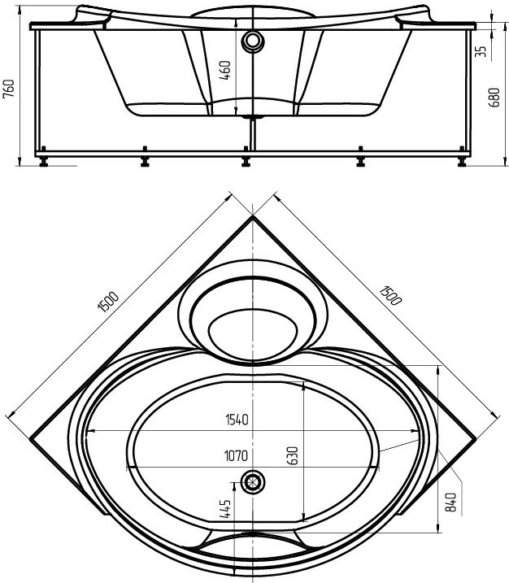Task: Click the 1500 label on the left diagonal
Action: (x=107, y=302)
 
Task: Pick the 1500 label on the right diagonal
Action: (x=390, y=294)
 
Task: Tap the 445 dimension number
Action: (x=225, y=509)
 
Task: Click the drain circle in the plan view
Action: (x=254, y=482)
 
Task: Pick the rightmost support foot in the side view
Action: (x=461, y=160)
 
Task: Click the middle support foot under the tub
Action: (x=247, y=160)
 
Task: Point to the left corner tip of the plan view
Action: (x=32, y=439)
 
